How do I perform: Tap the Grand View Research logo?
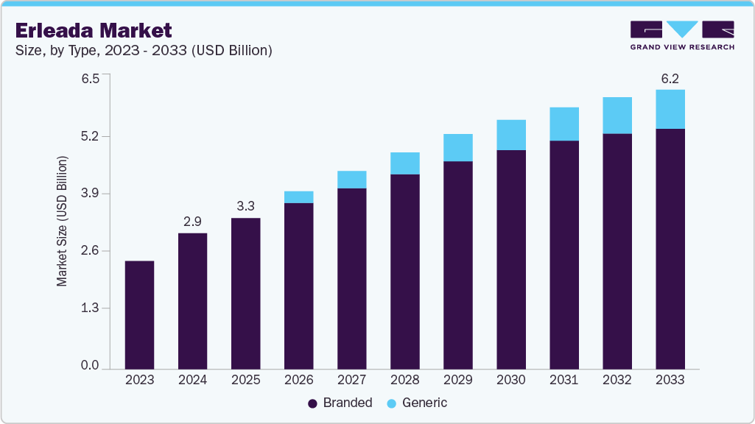681,35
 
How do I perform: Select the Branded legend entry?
340,403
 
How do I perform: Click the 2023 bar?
139,314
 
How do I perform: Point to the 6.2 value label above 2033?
670,77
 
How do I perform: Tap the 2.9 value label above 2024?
192,221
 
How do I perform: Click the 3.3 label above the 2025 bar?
245,205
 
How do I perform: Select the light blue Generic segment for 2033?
670,109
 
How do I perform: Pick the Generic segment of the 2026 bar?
298,197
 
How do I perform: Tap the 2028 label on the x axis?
404,380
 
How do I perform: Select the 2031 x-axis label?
563,380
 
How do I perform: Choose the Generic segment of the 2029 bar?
457,147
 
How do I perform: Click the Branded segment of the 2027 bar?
351,278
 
